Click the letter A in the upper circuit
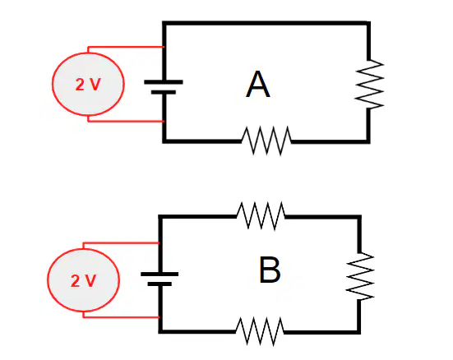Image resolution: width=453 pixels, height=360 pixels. tap(258, 85)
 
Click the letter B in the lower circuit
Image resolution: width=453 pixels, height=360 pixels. tap(270, 270)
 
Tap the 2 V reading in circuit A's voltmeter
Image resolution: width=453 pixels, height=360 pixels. tap(88, 85)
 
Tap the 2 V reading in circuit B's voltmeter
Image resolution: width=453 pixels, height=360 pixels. tap(83, 280)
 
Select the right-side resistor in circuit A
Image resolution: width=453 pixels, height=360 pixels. tap(369, 84)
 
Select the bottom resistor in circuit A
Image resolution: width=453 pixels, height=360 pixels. tap(266, 141)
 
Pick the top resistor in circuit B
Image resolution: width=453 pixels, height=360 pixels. tap(261, 216)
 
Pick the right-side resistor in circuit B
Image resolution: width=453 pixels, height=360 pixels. tap(360, 276)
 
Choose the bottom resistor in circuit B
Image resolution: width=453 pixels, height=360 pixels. tap(260, 331)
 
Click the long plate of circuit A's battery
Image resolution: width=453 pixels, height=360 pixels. tap(164, 82)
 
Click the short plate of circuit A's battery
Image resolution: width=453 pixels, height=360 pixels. tap(164, 92)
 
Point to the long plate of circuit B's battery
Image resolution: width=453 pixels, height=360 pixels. tap(159, 275)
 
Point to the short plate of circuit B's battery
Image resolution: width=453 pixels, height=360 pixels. tap(159, 284)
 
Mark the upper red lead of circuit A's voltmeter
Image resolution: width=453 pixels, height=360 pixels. tap(126, 47)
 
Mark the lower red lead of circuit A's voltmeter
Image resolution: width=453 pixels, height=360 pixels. tap(126, 122)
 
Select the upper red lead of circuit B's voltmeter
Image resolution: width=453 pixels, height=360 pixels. tap(121, 243)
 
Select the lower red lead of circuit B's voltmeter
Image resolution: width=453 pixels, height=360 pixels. tap(121, 317)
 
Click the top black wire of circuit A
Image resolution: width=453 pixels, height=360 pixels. tap(266, 23)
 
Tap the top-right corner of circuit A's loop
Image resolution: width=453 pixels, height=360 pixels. tap(369, 23)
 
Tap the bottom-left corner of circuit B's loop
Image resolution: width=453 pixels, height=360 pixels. tap(160, 332)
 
